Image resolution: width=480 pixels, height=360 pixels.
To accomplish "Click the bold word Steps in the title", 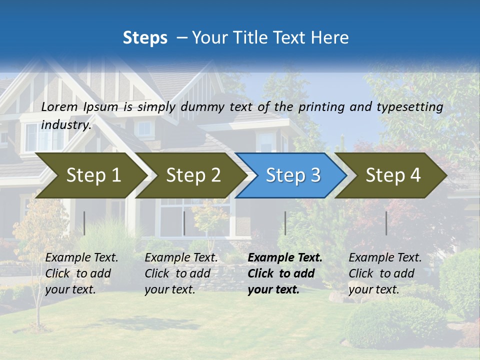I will point(145,37).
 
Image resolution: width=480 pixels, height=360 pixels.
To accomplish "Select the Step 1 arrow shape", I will point(90,175).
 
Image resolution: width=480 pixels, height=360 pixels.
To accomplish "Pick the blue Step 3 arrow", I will point(290,175).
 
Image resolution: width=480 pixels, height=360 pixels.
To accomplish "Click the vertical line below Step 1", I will point(84,223).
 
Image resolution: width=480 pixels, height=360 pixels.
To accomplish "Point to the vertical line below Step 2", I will point(184,223).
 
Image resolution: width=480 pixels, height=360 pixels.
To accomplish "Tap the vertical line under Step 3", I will point(285,223).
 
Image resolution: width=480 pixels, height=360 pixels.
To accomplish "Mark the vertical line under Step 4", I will point(386,223).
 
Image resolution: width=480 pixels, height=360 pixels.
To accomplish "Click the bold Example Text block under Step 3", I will point(285,273).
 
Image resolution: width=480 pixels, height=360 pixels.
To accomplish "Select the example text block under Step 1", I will point(81,273).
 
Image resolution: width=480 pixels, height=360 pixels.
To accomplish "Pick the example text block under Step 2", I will point(181,273).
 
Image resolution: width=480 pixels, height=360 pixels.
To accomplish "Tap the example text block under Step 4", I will point(385,273).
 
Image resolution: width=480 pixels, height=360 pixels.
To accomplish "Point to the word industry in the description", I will point(66,125).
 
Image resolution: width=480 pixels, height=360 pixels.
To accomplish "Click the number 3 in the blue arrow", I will point(315,175).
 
